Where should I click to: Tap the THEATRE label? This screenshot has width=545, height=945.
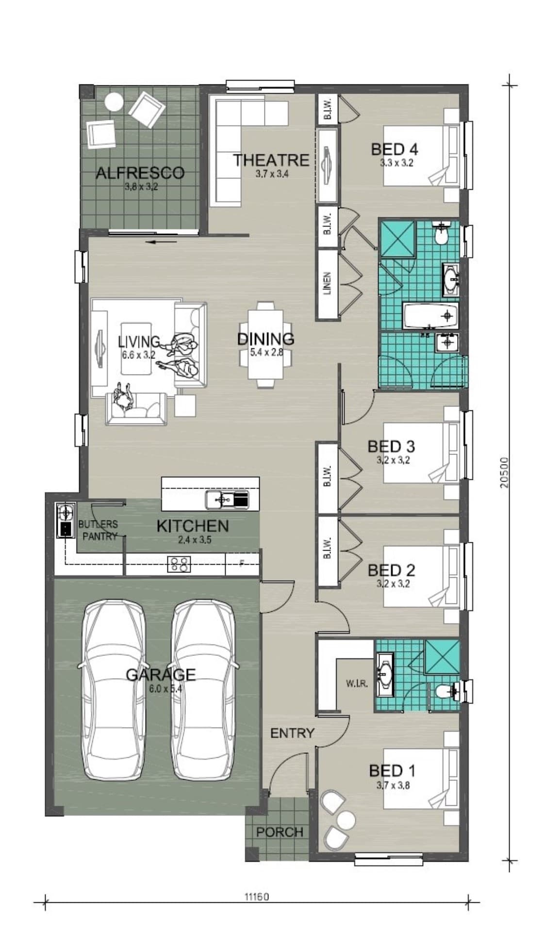point(271,160)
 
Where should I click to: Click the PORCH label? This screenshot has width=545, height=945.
point(280,832)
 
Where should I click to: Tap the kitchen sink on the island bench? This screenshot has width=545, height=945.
point(226,499)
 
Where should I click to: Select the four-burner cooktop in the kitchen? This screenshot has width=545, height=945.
point(179,564)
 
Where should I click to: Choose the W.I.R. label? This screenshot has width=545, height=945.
point(357,684)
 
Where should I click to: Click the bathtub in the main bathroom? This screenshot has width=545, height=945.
point(430,316)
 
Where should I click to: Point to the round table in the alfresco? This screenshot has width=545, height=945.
point(114,102)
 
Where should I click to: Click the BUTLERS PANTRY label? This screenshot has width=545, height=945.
point(99,530)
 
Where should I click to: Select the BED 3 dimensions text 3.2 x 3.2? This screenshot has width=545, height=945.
point(393,460)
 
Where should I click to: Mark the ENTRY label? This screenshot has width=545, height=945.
point(292,733)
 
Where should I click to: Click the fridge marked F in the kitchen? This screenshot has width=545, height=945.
point(242,564)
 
